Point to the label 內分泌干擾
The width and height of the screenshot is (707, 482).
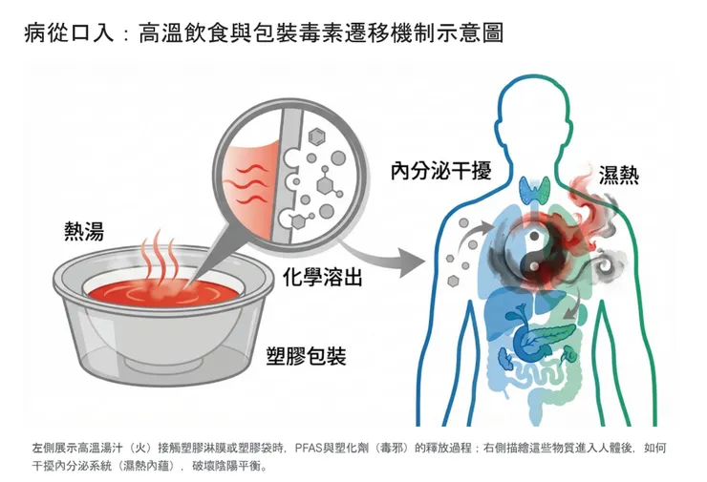[x=440, y=172]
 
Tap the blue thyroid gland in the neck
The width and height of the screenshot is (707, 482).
[x=533, y=190]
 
